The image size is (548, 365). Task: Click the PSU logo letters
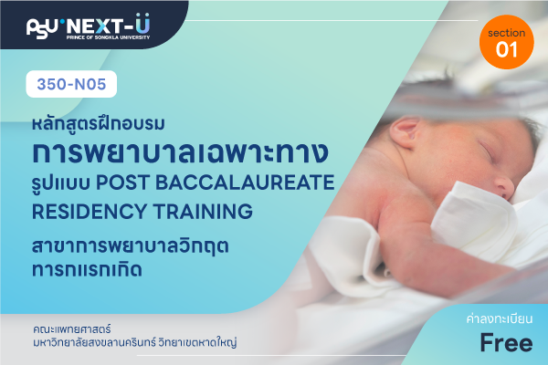pyautogui.click(x=42, y=27)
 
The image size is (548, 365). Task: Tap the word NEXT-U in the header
pyautogui.click(x=109, y=25)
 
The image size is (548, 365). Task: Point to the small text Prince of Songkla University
pyautogui.click(x=108, y=37)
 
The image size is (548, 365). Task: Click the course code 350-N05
pyautogui.click(x=71, y=84)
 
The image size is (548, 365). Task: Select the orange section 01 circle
pyautogui.click(x=506, y=42)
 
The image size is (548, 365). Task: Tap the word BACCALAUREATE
pyautogui.click(x=245, y=182)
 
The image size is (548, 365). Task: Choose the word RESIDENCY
pyautogui.click(x=90, y=212)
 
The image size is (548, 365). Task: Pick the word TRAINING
pyautogui.click(x=203, y=212)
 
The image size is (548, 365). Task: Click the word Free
pyautogui.click(x=506, y=342)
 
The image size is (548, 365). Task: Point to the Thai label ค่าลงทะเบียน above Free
pyautogui.click(x=500, y=318)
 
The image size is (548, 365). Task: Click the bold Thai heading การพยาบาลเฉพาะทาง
pyautogui.click(x=180, y=151)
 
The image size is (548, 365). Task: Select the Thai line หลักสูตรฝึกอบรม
pyautogui.click(x=99, y=123)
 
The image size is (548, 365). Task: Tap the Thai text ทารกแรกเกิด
pyautogui.click(x=87, y=270)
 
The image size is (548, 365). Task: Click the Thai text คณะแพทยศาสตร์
pyautogui.click(x=72, y=328)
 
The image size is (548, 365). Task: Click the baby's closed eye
pyautogui.click(x=487, y=149)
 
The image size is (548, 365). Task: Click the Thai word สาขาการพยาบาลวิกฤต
pyautogui.click(x=131, y=246)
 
